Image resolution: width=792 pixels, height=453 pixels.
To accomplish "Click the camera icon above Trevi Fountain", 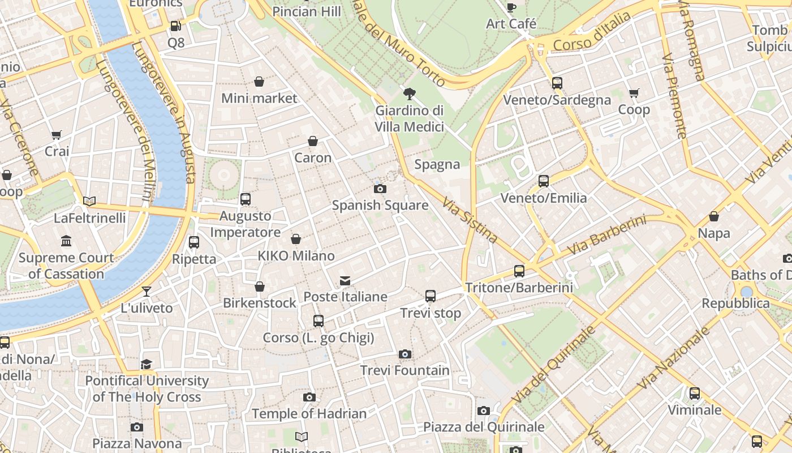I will tap(404, 354).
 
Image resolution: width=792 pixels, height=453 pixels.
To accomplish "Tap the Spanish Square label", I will tap(380, 205).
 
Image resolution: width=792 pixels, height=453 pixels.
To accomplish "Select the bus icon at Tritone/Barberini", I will tap(519, 271).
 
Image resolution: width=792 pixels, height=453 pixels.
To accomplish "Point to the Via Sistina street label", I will tap(470, 220).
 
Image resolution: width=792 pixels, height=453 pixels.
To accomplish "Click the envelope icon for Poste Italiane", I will tap(345, 281).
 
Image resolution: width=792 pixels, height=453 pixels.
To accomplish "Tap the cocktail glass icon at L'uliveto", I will tap(147, 292).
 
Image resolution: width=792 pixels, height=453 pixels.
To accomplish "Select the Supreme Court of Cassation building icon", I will tap(66, 241).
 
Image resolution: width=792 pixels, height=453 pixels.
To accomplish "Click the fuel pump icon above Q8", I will tap(175, 26).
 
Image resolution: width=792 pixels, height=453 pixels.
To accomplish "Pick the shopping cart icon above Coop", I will tap(634, 93).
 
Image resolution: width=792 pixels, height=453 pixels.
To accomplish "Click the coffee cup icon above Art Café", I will tap(511, 7).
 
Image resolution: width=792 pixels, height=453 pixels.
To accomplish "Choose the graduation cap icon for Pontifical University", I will tap(147, 364).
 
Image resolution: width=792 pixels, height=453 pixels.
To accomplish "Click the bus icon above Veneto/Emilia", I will tap(544, 181).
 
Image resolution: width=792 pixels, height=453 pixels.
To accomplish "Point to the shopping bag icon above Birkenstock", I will tap(260, 287).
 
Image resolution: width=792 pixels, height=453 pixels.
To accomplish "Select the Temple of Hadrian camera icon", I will tap(309, 398).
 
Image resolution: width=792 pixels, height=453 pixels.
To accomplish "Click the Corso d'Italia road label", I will tap(592, 32).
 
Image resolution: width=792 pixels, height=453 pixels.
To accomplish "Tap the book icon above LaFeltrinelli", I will tap(89, 201).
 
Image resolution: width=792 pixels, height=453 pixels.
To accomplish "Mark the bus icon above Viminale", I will tap(695, 393).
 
